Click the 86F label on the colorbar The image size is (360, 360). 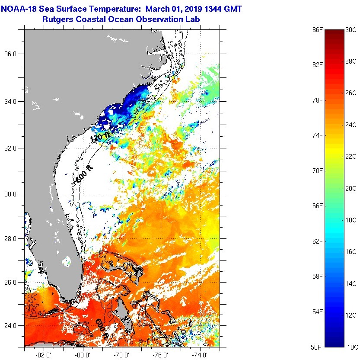pyautogui.click(x=318, y=30)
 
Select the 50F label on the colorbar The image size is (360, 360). pyautogui.click(x=318, y=347)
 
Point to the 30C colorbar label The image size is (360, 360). pyautogui.click(x=351, y=30)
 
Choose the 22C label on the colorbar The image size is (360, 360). pyautogui.click(x=351, y=157)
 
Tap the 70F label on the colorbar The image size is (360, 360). pyautogui.click(x=318, y=170)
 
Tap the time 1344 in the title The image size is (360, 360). pyautogui.click(x=209, y=9)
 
